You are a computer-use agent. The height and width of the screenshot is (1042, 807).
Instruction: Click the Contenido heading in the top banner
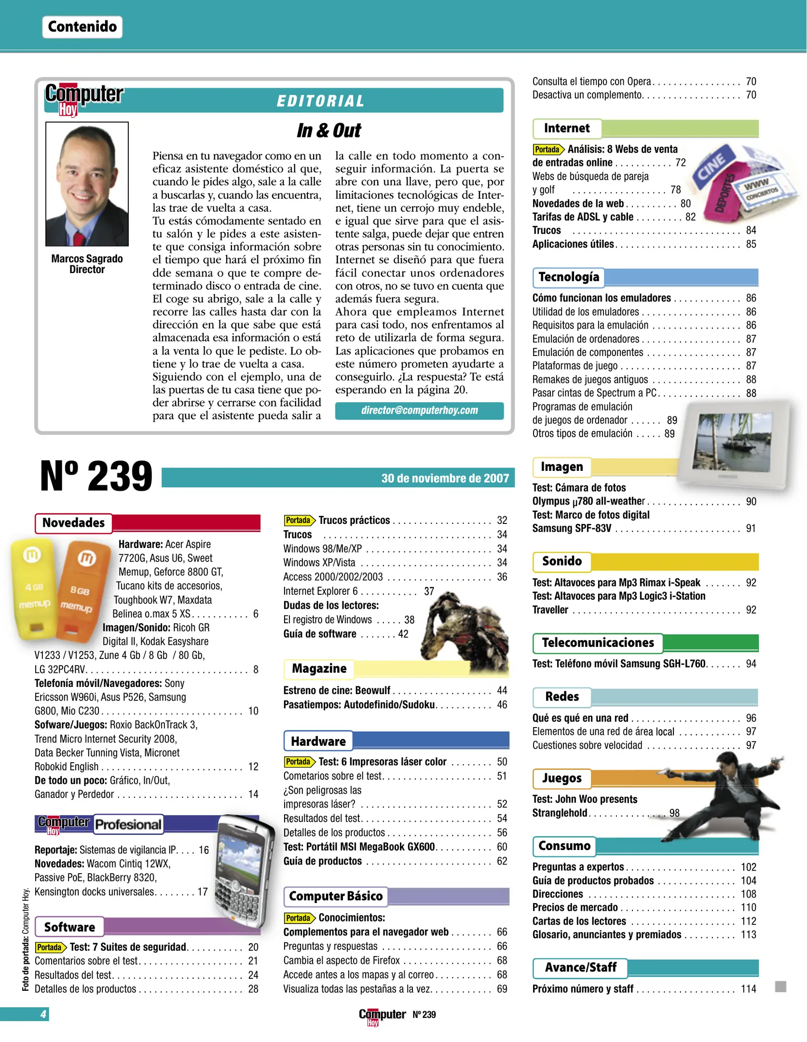(x=82, y=27)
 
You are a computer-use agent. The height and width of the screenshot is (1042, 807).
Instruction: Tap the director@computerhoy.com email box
(x=419, y=411)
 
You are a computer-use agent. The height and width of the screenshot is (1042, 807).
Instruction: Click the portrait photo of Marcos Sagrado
(x=87, y=184)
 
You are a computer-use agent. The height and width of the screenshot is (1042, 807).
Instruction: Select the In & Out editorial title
(x=328, y=131)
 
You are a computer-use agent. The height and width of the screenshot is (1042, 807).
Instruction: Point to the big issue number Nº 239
(x=96, y=477)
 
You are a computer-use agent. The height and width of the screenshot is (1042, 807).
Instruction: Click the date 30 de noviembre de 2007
(x=444, y=478)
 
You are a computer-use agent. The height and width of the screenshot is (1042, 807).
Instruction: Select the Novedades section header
(x=73, y=523)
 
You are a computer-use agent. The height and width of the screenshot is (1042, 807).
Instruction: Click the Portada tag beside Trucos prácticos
(x=299, y=521)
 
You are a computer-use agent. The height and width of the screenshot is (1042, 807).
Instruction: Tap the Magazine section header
(x=319, y=669)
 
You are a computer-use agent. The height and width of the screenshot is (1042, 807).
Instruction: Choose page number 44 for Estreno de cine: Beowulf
(x=502, y=691)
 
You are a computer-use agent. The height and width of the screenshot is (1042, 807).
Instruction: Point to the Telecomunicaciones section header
(x=598, y=643)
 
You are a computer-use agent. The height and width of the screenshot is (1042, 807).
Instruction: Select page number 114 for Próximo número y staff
(x=748, y=989)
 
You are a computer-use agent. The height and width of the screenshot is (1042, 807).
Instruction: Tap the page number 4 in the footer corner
(x=43, y=1014)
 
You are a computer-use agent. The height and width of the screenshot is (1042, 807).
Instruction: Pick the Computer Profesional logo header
(x=99, y=824)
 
